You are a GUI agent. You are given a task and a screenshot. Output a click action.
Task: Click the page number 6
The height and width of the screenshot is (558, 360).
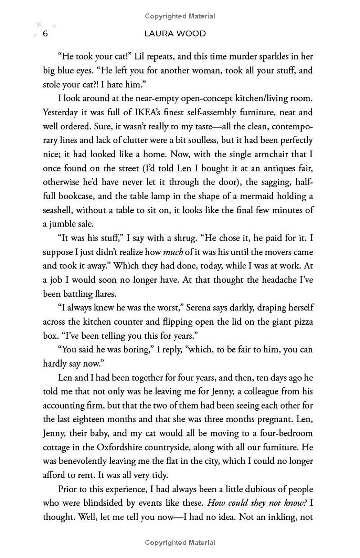pyautogui.click(x=45, y=34)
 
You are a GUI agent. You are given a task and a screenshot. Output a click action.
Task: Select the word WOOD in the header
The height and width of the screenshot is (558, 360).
pyautogui.click(x=193, y=34)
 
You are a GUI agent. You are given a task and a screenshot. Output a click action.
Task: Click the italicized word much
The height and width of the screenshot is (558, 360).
pyautogui.click(x=173, y=252)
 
